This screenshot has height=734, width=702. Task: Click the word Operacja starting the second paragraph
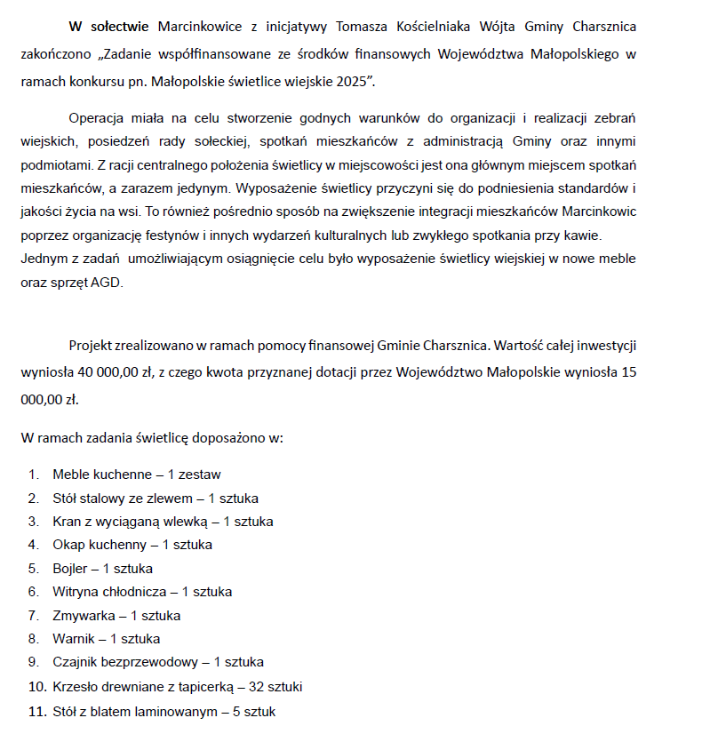99,117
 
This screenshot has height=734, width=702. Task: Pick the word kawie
579,235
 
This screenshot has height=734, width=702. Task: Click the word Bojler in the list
70,568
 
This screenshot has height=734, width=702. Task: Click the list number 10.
36,686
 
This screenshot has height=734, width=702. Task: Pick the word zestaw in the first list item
200,475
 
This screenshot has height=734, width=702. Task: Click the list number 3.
33,521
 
